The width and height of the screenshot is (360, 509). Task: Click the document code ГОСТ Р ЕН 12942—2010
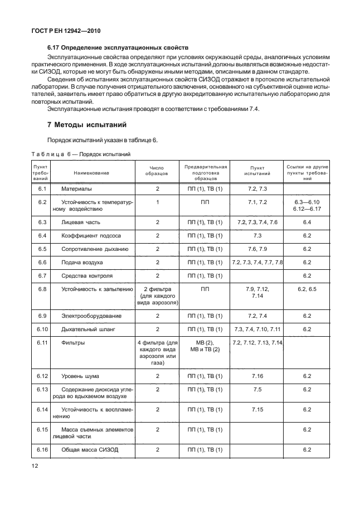point(69,32)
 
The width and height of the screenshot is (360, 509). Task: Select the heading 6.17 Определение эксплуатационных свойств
point(118,48)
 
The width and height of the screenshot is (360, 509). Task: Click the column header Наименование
point(91,173)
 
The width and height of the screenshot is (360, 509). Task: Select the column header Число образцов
point(157,173)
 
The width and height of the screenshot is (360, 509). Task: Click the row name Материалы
point(76,190)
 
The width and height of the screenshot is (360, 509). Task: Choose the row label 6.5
point(41,249)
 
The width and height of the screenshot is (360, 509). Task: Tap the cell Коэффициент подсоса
point(91,235)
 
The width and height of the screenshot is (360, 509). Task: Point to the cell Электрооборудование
point(92,316)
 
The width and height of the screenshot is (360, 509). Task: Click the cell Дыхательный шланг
point(87,329)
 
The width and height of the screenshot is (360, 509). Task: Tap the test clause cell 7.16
point(257,376)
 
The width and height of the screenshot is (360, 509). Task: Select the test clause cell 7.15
point(257,409)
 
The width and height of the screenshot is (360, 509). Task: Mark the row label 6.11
point(41,342)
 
